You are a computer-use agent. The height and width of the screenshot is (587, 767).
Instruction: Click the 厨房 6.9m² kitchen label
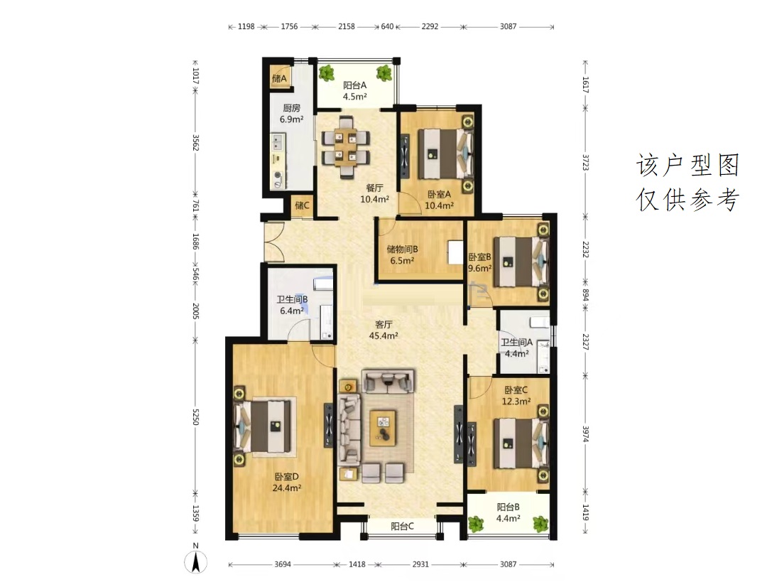(x=292, y=114)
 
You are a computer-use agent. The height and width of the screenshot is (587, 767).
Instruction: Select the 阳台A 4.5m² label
(x=354, y=91)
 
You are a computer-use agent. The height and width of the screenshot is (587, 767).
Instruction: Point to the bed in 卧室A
(x=446, y=154)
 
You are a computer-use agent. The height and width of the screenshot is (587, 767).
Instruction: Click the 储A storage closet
(x=279, y=78)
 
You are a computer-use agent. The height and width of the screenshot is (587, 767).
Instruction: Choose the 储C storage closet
(x=302, y=205)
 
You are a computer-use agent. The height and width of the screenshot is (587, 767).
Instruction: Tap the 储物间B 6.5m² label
(x=402, y=254)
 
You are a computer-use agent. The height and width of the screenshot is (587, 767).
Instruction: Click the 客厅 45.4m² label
(x=383, y=330)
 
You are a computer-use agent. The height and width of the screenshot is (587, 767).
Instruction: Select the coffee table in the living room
(x=383, y=428)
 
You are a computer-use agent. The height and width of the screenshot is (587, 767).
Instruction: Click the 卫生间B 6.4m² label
(x=292, y=305)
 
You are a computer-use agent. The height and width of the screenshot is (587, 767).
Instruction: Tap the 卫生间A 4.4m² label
(x=516, y=348)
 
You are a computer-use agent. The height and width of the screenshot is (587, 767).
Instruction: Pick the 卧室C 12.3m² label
(x=516, y=396)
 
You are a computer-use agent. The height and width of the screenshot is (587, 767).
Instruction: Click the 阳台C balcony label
(x=402, y=527)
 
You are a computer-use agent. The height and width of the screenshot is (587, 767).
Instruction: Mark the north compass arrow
(x=196, y=561)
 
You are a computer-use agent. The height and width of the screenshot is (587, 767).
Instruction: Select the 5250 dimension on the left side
(x=196, y=417)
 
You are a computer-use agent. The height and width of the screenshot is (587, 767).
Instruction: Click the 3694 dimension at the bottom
(x=282, y=564)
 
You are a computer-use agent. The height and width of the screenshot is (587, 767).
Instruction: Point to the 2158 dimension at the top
(x=347, y=26)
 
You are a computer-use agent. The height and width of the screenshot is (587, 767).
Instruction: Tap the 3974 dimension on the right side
(x=585, y=433)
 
